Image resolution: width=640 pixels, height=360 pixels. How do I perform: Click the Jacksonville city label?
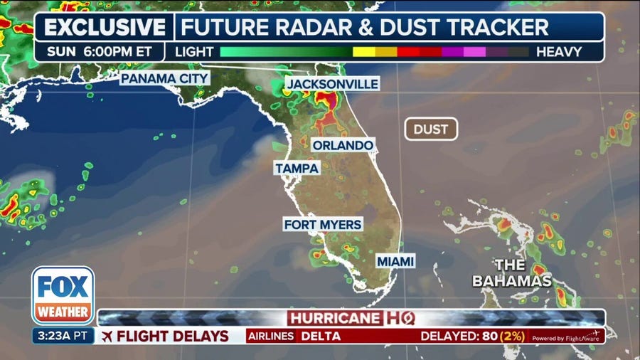click(x=331, y=84)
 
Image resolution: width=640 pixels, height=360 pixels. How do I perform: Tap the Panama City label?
click(x=164, y=78)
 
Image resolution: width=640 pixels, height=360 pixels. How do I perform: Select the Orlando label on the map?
click(x=342, y=145)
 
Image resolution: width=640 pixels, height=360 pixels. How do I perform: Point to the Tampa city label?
click(x=297, y=168)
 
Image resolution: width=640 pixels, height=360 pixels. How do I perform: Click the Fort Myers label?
click(x=323, y=224)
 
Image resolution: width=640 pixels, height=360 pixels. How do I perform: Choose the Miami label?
click(x=395, y=262)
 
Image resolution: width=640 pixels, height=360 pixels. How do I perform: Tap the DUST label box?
click(x=431, y=129)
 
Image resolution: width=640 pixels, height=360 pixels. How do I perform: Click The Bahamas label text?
click(x=512, y=273)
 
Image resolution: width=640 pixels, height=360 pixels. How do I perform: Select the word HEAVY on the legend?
click(x=559, y=52)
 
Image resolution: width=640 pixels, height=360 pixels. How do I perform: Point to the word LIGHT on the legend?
click(x=193, y=52)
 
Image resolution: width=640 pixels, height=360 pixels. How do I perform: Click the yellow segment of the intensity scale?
click(x=363, y=52)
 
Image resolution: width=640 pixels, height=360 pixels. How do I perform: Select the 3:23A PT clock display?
click(x=63, y=336)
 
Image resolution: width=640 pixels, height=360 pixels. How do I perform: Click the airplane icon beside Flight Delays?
click(x=107, y=336)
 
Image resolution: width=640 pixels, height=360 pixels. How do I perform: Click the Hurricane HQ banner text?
click(x=351, y=317)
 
